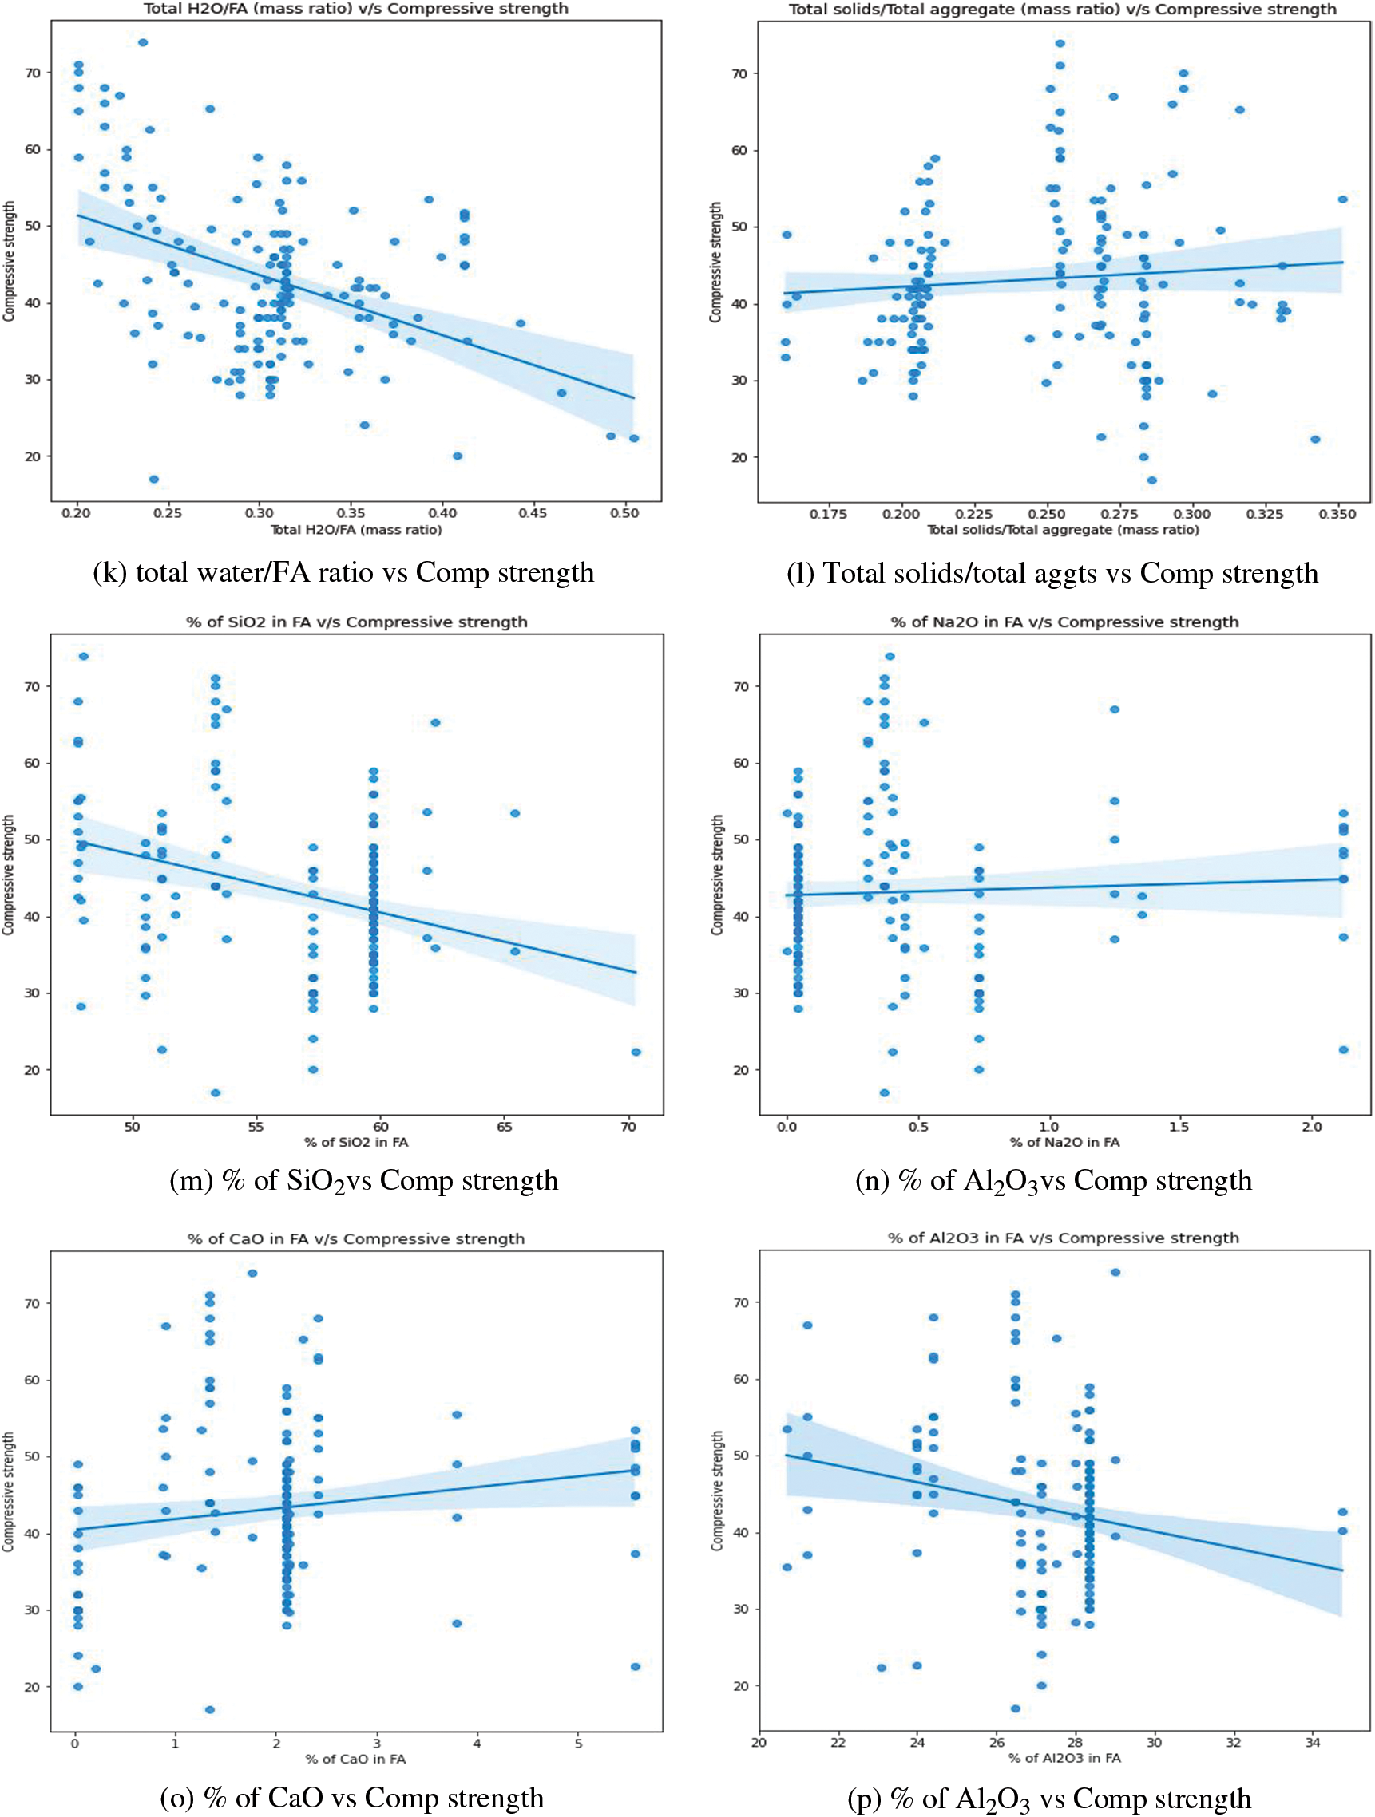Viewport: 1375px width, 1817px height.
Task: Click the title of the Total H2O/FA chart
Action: (x=356, y=8)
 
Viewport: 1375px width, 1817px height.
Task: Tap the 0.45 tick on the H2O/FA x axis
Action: (x=533, y=513)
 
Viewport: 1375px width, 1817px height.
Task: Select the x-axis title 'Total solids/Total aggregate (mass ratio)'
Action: (x=1063, y=530)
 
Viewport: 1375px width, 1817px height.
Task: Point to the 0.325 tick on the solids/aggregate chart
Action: (x=1264, y=514)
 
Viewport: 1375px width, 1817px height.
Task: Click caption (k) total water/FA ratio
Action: (x=343, y=572)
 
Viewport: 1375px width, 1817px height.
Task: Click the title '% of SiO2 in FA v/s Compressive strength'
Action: (x=357, y=622)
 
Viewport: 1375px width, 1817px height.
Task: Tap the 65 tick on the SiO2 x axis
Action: (x=505, y=1127)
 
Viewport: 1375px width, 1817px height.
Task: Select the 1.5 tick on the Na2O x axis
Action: (x=1179, y=1127)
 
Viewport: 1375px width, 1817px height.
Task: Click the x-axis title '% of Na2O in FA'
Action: (x=1064, y=1143)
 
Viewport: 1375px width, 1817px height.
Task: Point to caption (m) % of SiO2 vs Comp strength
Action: (x=363, y=1181)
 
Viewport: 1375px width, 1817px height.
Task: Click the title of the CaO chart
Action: (x=356, y=1238)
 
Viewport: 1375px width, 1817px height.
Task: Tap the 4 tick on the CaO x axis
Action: (x=477, y=1743)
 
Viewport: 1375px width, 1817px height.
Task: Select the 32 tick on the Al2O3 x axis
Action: (x=1234, y=1742)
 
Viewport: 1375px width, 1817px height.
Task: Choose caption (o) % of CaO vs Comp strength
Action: (x=352, y=1798)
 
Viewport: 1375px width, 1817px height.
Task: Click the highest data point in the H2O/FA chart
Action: (x=143, y=41)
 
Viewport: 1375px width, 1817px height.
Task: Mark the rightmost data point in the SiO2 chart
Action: (x=636, y=1053)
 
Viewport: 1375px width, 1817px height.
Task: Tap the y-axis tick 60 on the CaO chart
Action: (x=32, y=1380)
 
